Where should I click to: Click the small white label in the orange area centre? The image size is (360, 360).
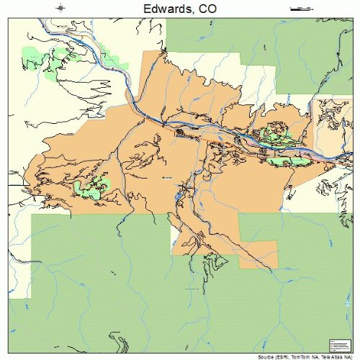click(x=167, y=176)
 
